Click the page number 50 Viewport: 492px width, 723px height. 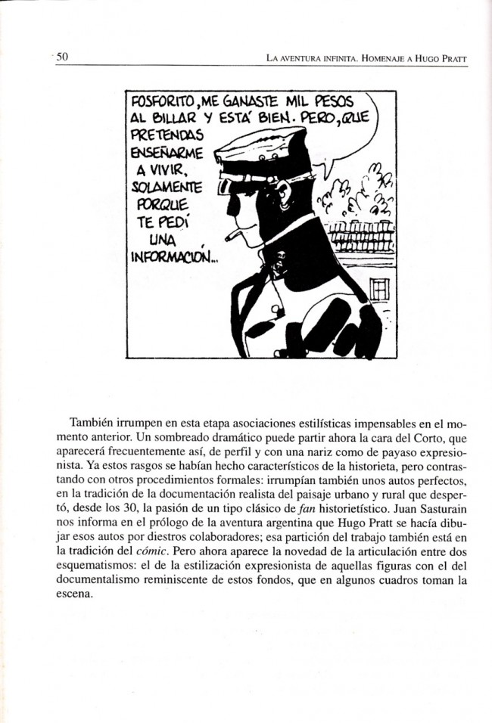click(x=62, y=56)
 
